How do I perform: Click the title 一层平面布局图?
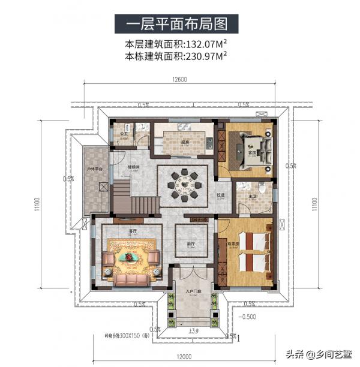click(179, 25)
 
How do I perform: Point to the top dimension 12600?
click(180, 80)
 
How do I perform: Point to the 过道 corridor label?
click(221, 195)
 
